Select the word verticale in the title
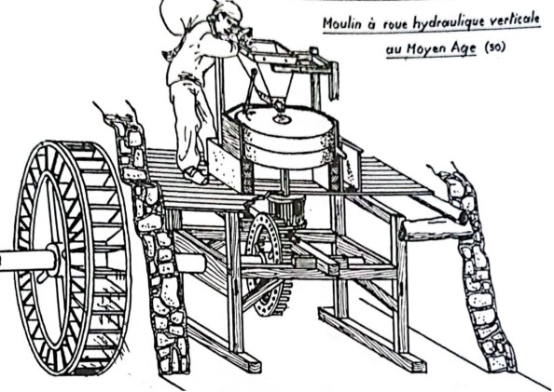514,20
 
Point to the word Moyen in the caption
421,48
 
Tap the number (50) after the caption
494,47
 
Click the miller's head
226,21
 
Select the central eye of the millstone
282,119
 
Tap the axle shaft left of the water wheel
25,261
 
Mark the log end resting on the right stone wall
463,218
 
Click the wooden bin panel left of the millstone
225,165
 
